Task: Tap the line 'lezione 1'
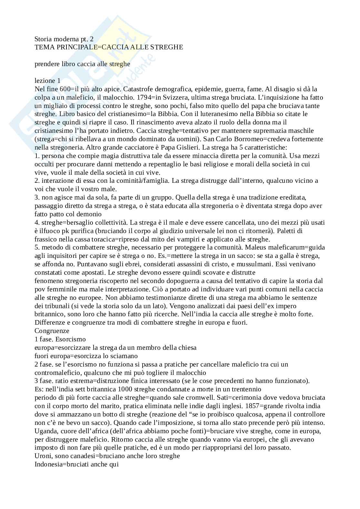[x=47, y=81]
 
